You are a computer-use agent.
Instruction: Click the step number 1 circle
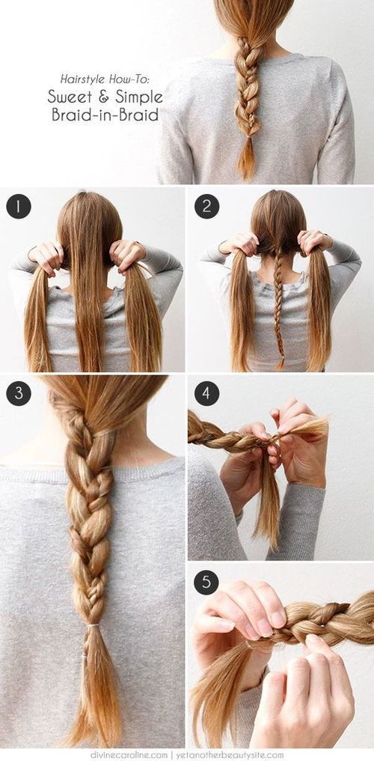point(19,206)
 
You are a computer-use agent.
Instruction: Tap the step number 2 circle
point(206,206)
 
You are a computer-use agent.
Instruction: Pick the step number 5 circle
point(206,582)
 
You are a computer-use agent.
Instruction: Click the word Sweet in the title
point(65,96)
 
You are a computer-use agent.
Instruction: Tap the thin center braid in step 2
point(279,300)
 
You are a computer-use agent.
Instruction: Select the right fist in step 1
point(127,255)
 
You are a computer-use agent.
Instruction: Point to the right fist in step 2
point(313,241)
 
